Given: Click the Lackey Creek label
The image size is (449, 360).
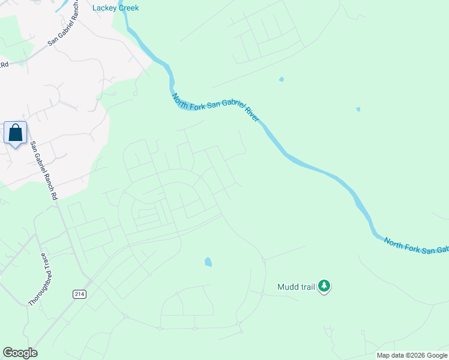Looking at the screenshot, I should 116,8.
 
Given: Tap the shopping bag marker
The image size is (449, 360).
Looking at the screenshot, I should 16,133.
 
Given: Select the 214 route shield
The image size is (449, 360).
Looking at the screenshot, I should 79,294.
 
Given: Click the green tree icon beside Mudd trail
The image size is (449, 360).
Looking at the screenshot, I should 324,286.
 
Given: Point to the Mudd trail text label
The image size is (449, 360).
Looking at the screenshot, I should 296,287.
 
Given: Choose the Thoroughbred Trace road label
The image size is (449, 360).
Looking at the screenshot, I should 40,280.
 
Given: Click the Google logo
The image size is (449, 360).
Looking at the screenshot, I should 20,353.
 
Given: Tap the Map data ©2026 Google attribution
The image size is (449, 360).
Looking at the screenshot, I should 412,355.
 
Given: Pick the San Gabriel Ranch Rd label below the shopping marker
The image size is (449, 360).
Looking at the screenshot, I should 44,171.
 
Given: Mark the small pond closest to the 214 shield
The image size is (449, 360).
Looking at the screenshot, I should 208,262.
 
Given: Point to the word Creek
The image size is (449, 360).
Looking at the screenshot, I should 127,8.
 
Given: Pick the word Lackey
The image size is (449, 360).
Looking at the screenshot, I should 104,8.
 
